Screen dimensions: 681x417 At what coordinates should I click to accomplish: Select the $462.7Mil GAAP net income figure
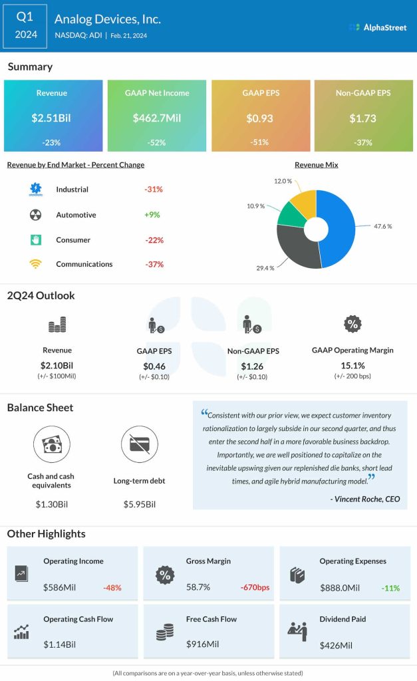157,118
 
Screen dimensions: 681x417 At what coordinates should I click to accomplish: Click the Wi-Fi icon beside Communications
35,264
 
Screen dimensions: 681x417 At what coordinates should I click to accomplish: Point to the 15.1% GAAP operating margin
352,364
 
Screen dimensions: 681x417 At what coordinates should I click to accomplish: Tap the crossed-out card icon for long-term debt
139,445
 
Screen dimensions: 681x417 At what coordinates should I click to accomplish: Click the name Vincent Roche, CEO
365,499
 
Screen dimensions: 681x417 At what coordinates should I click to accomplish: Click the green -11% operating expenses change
390,588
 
